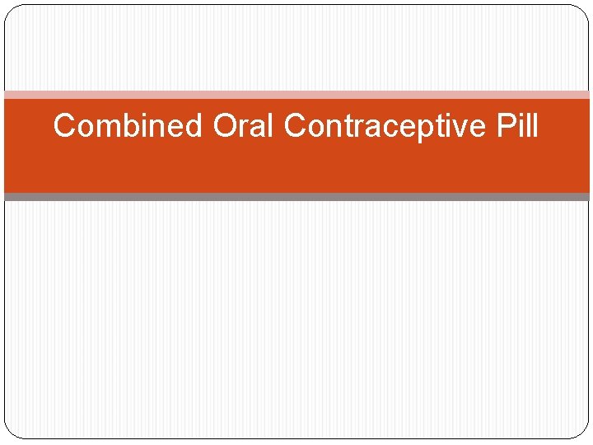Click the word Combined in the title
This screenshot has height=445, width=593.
click(128, 126)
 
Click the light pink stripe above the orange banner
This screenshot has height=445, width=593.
click(296, 95)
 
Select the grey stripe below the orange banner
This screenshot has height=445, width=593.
click(296, 197)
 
